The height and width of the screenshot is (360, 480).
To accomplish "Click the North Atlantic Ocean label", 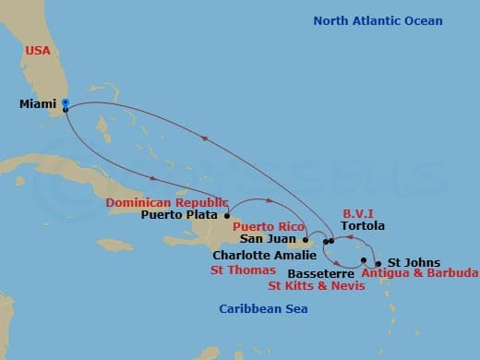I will point(378,21).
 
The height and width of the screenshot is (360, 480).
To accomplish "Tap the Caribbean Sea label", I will point(263,309).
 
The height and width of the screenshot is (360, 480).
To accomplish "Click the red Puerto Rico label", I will point(269,226).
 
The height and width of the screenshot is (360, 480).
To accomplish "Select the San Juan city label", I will point(270,240).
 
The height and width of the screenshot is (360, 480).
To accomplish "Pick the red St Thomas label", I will point(243,270).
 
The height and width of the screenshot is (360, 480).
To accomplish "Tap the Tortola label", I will point(362,225).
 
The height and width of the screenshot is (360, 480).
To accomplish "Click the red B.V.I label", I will point(358,211).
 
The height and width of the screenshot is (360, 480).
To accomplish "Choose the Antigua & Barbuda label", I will point(419,273).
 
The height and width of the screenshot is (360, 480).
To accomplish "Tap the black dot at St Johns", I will point(378,263).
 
